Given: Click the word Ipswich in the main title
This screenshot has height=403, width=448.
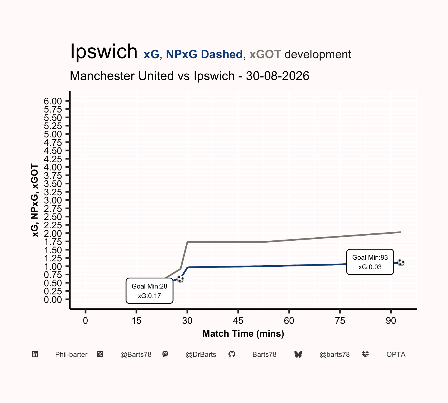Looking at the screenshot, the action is click(104, 52).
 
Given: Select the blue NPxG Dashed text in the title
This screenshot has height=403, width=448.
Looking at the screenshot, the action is click(204, 54).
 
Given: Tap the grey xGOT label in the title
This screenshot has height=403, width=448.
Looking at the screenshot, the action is click(265, 54).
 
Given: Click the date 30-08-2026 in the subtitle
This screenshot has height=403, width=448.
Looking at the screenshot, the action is click(277, 76).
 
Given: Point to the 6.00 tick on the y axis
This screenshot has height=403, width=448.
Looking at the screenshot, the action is click(53, 101).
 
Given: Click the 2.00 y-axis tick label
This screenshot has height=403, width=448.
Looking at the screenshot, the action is click(53, 233).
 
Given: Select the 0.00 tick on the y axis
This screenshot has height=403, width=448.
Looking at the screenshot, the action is click(53, 300).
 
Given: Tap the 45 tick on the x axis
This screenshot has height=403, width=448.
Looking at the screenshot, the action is click(238, 321).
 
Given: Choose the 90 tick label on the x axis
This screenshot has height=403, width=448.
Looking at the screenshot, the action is click(391, 321).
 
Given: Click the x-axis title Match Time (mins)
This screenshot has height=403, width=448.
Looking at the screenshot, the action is click(243, 334).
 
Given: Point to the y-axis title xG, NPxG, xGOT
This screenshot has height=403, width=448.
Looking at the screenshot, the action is click(35, 200).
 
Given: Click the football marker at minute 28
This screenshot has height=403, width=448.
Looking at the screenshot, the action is click(180, 279).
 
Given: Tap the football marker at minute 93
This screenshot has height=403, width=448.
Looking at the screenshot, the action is click(401, 263).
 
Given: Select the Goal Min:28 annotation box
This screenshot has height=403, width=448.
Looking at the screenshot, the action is click(150, 291).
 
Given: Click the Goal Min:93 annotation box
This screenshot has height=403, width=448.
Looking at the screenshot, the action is click(370, 262).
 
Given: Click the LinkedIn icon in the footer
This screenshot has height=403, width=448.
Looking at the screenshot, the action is click(35, 355).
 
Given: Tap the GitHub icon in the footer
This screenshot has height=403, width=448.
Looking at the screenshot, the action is click(232, 355).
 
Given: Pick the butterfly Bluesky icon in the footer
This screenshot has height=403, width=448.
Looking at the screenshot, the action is click(298, 355).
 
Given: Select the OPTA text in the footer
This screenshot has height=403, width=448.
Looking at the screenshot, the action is click(396, 355).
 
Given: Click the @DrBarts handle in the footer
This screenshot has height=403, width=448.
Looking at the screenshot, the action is click(201, 355).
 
